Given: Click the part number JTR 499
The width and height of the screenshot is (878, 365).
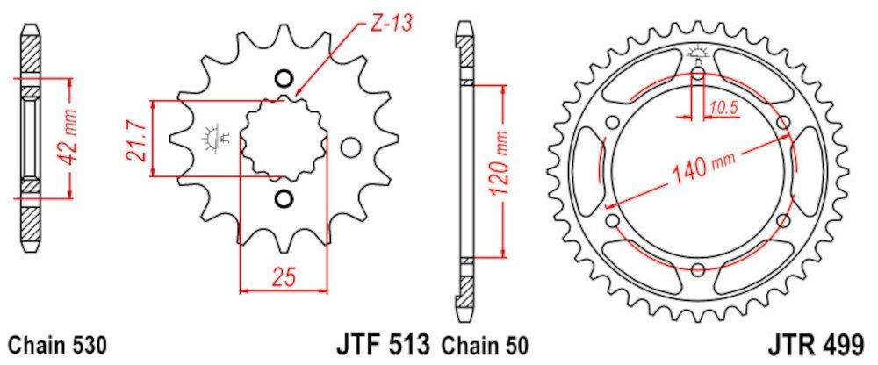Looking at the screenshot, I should pyautogui.click(x=823, y=342).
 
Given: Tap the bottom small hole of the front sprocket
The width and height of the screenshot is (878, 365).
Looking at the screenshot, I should pyautogui.click(x=283, y=198).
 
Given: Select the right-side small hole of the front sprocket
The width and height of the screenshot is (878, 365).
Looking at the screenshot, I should pyautogui.click(x=349, y=147).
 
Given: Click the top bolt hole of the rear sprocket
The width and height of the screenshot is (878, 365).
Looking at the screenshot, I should pyautogui.click(x=697, y=74).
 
